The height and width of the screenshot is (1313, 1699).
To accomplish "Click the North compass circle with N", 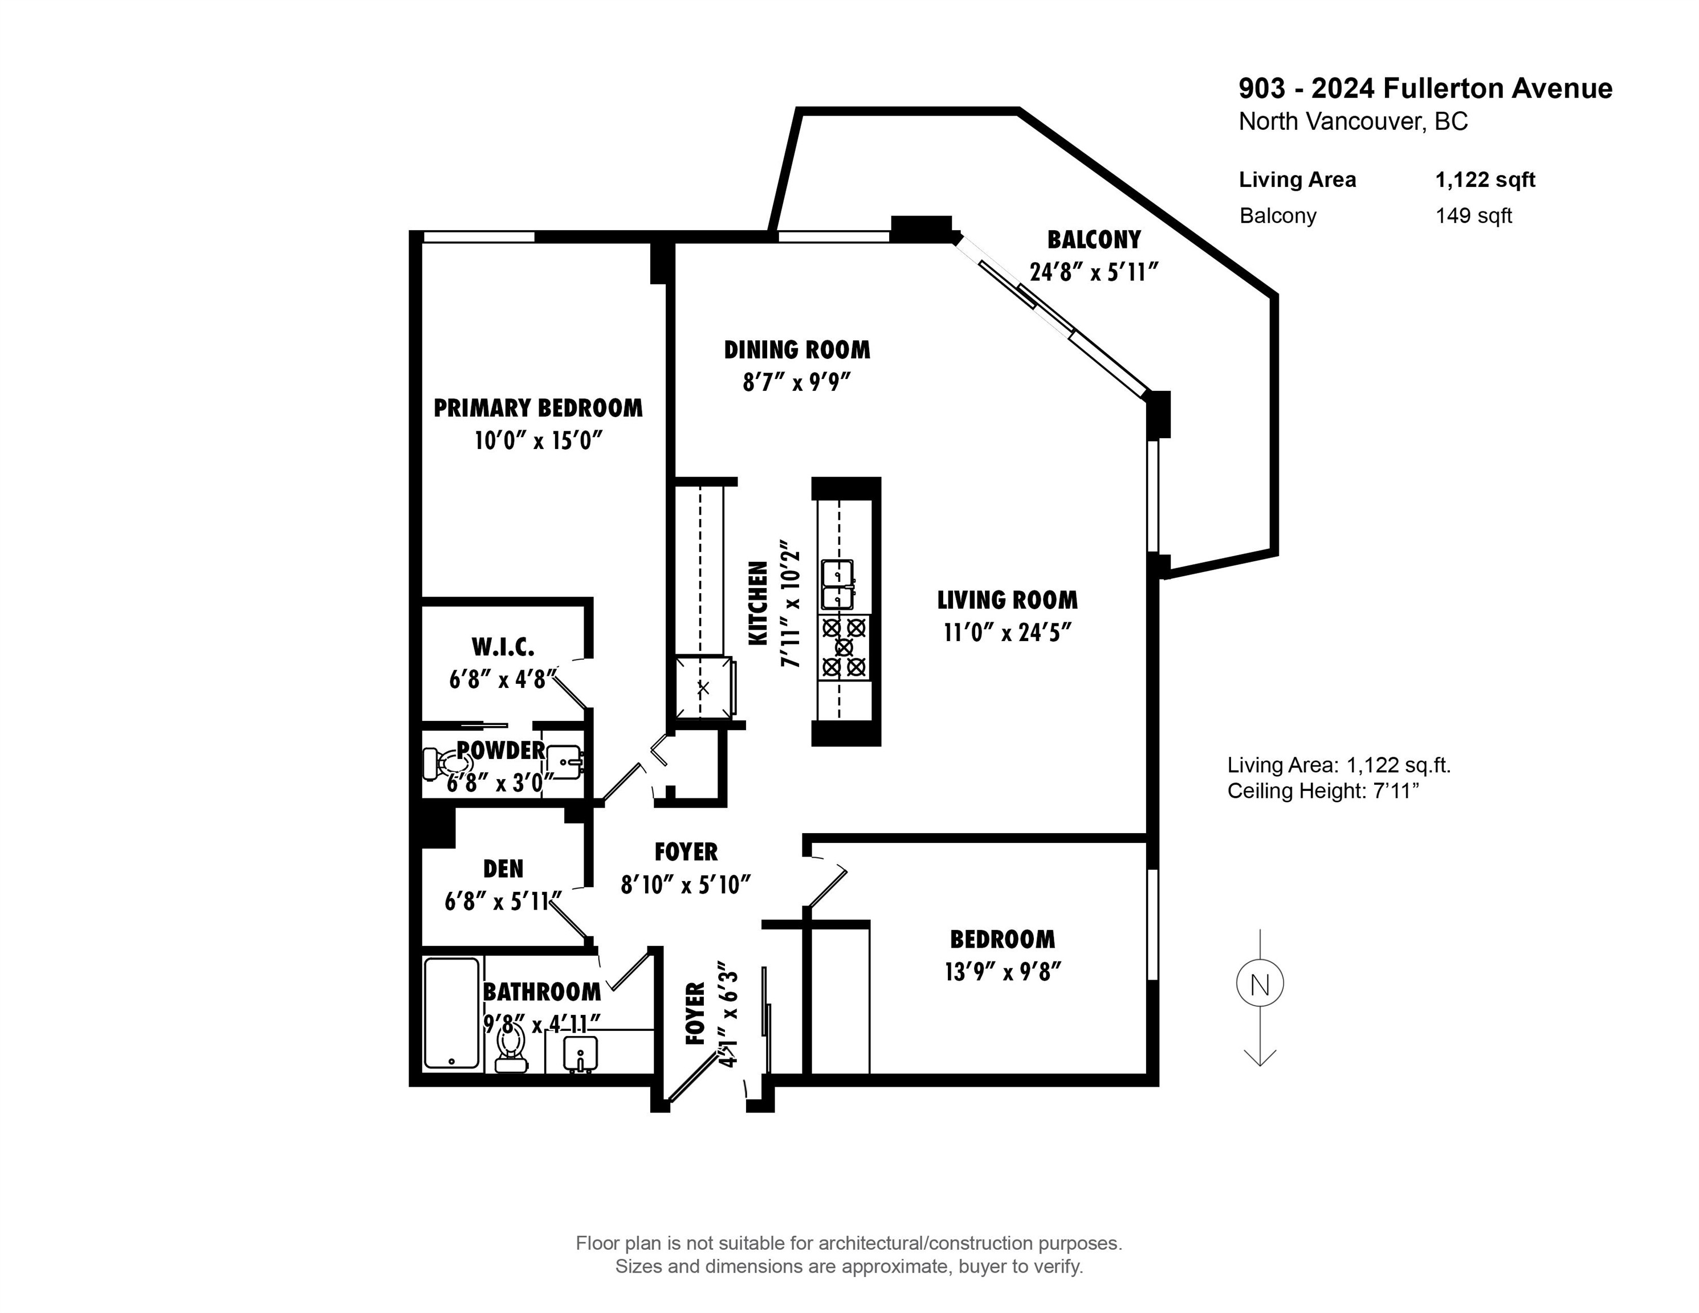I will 1260,984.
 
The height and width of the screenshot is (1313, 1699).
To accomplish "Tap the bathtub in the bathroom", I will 451,1013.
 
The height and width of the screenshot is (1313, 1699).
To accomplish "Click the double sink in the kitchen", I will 837,585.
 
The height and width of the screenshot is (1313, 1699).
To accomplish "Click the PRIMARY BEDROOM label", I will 537,409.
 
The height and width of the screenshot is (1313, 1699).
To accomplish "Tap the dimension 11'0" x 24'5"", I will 1008,633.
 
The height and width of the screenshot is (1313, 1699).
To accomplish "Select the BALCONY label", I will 1093,239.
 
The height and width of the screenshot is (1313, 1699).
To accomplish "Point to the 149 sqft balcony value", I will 1473,216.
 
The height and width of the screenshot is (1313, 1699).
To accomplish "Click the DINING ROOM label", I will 797,350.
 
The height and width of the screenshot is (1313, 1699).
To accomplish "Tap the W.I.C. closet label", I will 503,647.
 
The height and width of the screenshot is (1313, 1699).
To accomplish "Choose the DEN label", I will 503,869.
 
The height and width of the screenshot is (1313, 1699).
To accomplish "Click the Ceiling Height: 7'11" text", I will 1323,791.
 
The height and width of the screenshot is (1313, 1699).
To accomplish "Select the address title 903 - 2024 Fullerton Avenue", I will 1425,89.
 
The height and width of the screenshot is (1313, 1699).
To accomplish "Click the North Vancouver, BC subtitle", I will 1353,122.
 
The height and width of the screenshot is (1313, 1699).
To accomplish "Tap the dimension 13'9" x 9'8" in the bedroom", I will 1003,972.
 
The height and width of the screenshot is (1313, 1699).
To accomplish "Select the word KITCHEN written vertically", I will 757,603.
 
